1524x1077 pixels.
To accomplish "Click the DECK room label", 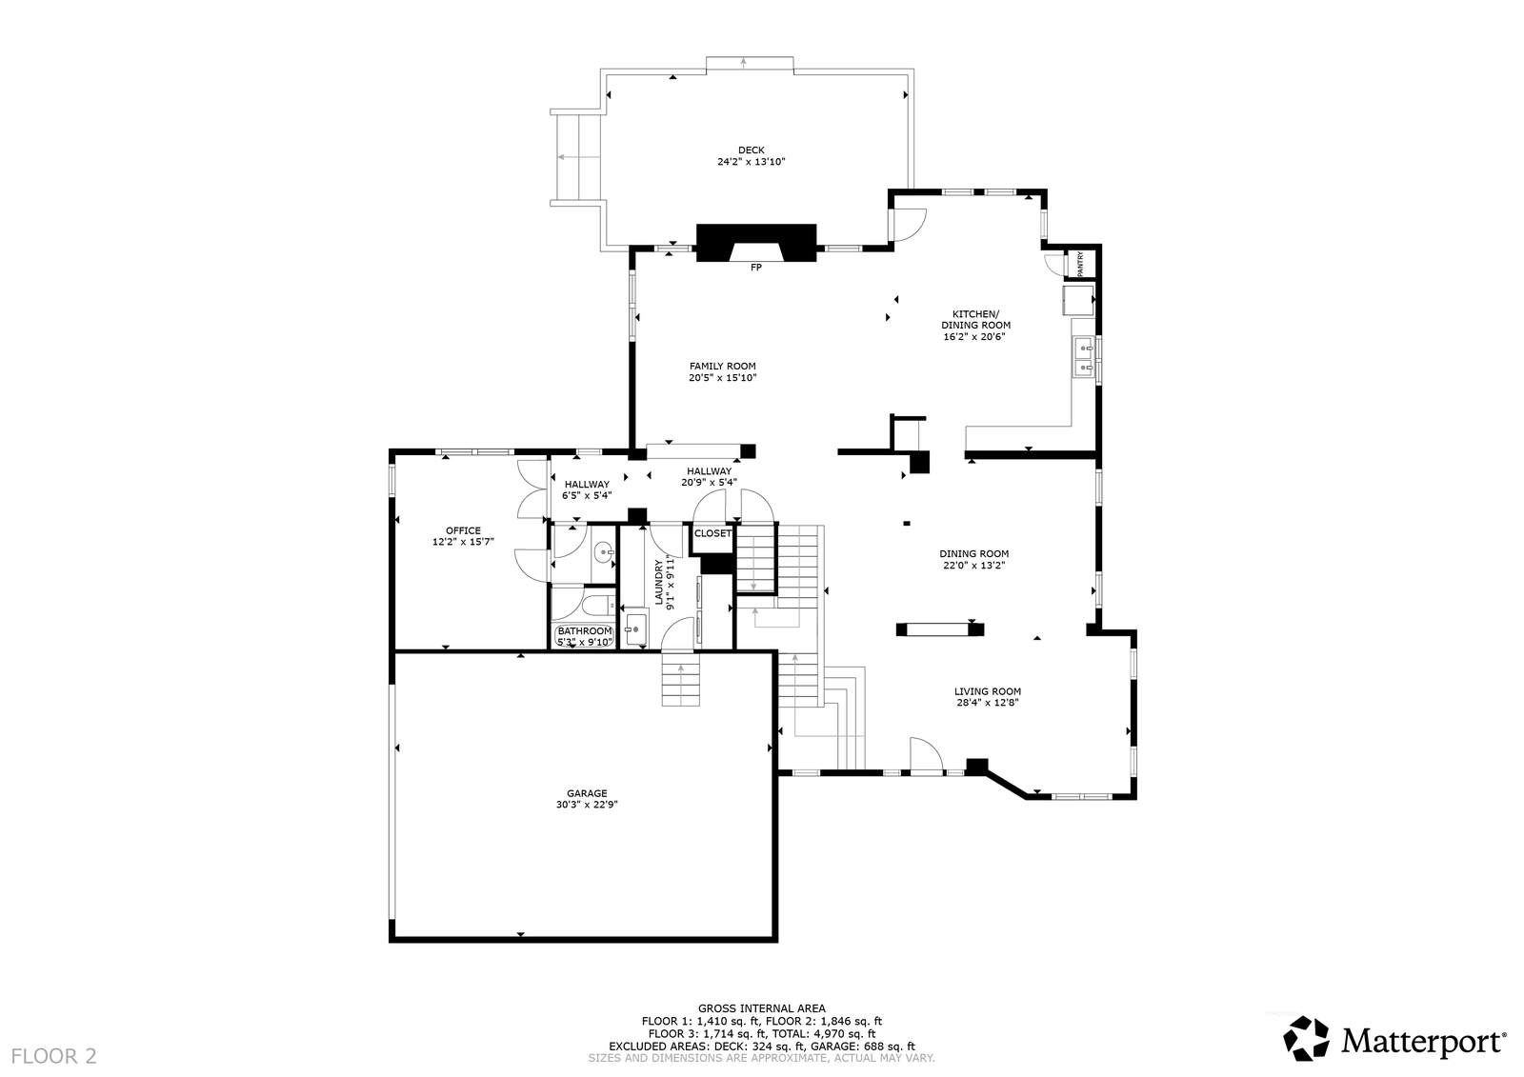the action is click(752, 150).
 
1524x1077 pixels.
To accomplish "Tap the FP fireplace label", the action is click(756, 268).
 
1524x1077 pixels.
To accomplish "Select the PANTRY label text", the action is click(1080, 264).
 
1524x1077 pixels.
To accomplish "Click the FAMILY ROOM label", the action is click(723, 366).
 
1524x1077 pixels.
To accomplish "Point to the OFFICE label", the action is click(463, 530).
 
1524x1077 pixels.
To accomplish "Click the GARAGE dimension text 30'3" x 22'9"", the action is click(587, 804).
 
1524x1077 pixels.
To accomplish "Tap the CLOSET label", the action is click(713, 533).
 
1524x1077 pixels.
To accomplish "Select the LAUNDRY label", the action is click(658, 582).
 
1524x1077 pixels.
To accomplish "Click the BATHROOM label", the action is click(585, 631).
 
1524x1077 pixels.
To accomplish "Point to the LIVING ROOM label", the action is click(987, 691).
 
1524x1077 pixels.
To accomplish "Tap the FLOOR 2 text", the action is click(53, 1057).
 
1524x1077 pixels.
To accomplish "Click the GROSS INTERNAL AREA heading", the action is click(761, 1008).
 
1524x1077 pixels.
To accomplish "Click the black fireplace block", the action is click(756, 242).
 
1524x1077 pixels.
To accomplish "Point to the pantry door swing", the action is click(1053, 264).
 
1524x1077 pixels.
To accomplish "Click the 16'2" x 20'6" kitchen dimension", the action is click(974, 337).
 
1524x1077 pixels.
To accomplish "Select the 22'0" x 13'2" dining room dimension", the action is click(973, 565).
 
